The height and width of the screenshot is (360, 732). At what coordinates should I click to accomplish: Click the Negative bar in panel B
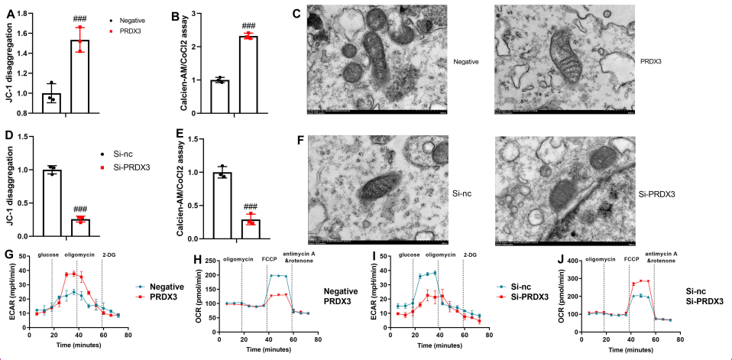[220, 96]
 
